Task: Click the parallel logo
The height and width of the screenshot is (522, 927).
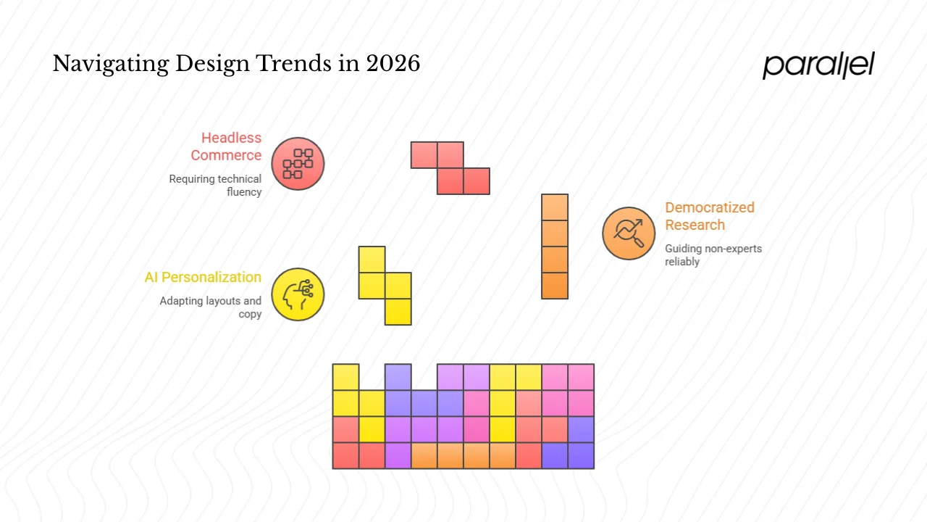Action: pyautogui.click(x=818, y=65)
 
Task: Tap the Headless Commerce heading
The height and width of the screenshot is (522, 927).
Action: pyautogui.click(x=226, y=146)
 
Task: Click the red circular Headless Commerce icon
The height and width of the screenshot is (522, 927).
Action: pyautogui.click(x=298, y=164)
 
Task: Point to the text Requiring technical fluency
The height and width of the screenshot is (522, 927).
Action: pyautogui.click(x=216, y=186)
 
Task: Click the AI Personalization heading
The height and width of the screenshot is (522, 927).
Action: pyautogui.click(x=203, y=277)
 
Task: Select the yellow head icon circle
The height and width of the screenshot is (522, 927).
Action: pyautogui.click(x=298, y=294)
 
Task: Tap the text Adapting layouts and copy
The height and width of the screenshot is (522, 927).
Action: pyautogui.click(x=211, y=307)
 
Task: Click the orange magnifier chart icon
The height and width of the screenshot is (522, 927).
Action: pyautogui.click(x=629, y=233)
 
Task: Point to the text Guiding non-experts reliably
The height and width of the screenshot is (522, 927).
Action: pyautogui.click(x=713, y=255)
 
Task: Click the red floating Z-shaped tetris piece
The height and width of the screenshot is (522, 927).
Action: pyautogui.click(x=450, y=168)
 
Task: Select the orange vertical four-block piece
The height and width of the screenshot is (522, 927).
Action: pyautogui.click(x=555, y=246)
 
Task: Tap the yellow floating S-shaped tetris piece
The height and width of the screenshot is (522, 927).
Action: pyautogui.click(x=385, y=286)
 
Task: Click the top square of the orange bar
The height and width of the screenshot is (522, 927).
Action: pyautogui.click(x=555, y=207)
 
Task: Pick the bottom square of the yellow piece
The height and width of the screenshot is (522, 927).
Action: pyautogui.click(x=398, y=312)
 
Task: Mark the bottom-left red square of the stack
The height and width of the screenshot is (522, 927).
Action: pyautogui.click(x=346, y=455)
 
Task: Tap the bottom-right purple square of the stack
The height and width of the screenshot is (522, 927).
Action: pyautogui.click(x=581, y=455)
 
